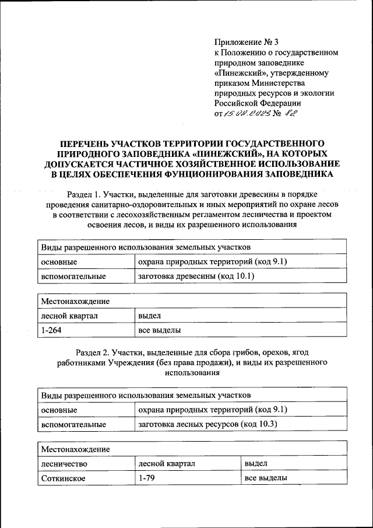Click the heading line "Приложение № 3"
click(247, 42)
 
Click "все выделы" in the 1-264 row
click(159, 331)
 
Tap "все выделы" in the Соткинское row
click(266, 478)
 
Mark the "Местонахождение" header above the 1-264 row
click(75, 301)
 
